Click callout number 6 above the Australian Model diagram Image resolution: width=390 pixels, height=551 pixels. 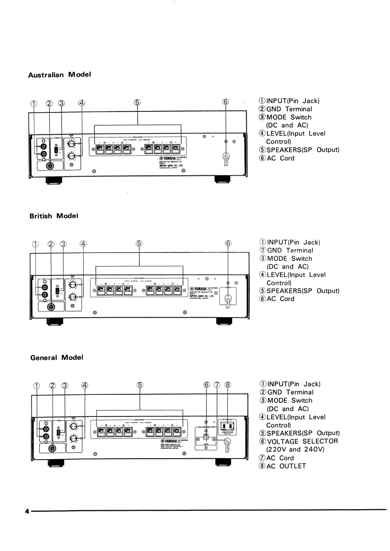coord(226,102)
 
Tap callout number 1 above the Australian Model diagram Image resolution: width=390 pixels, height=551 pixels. coord(33,103)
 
